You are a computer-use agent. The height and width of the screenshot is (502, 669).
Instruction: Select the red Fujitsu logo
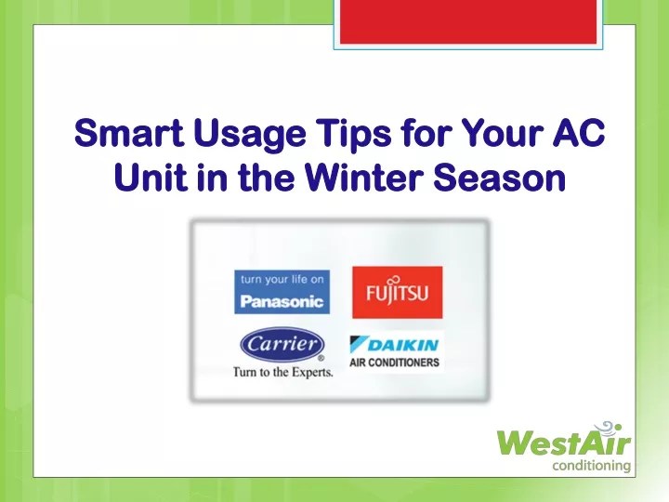[397, 292]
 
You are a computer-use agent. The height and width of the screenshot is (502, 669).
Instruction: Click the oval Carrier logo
[282, 345]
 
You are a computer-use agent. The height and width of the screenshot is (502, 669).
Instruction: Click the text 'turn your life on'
[281, 279]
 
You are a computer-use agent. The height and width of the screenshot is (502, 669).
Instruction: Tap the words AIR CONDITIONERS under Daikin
[395, 362]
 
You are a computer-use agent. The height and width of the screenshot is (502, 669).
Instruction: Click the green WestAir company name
[565, 442]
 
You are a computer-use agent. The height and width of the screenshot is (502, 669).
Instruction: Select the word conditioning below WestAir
[592, 466]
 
